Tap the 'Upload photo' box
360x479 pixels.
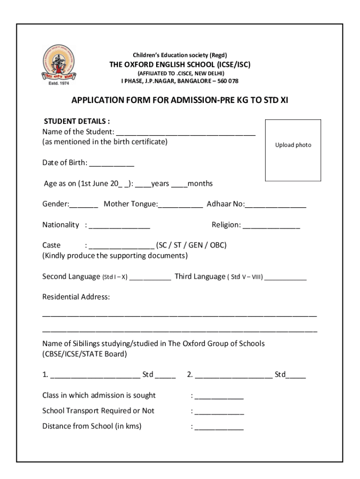(293, 150)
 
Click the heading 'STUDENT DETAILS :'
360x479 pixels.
(77, 122)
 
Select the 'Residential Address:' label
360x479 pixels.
(76, 297)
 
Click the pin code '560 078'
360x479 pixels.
(227, 81)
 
